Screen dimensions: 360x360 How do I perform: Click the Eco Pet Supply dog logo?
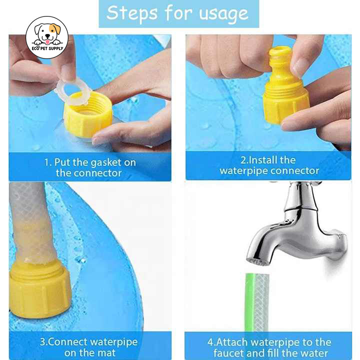tap(47, 37)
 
